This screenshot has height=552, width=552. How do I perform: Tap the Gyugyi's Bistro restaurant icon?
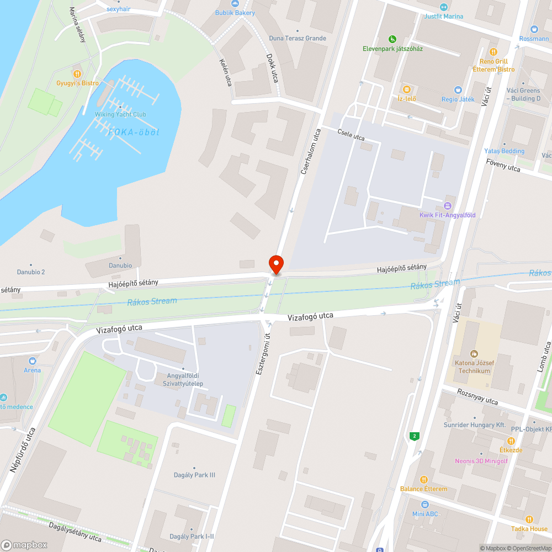coord(77,73)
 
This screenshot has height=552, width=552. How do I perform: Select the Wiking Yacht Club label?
coord(120,114)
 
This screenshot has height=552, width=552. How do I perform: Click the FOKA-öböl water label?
coord(134,132)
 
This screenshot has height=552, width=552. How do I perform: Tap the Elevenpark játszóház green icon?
coord(392,39)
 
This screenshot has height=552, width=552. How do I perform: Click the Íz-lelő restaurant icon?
coord(407,89)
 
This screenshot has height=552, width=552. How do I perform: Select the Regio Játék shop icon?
coord(458,89)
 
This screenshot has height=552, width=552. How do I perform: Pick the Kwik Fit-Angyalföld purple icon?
coord(448,205)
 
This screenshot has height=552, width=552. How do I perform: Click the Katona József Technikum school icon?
coord(473,353)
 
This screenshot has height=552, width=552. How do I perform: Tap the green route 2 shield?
coord(414,437)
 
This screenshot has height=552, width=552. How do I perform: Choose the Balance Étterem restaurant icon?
coord(424,480)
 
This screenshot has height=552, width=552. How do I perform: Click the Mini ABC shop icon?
coord(424,505)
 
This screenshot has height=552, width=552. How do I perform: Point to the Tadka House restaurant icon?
coord(529,519)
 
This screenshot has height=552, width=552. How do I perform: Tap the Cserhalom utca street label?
coord(311,152)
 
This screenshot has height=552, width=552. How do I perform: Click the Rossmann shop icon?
coord(534,29)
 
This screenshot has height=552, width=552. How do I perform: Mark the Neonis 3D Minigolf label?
coord(481,461)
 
